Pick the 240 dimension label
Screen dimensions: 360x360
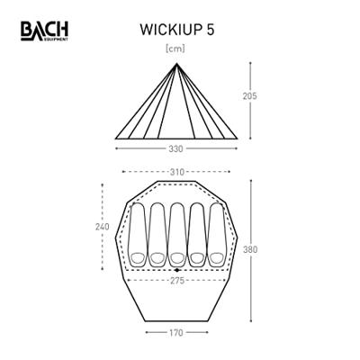click(x=102, y=228)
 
